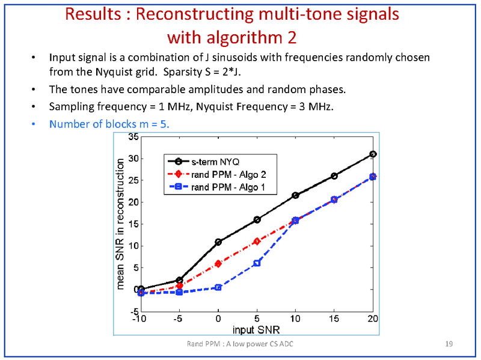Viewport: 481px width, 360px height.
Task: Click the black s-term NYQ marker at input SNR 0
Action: pyautogui.click(x=218, y=242)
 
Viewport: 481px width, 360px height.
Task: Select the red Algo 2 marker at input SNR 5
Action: pyautogui.click(x=257, y=242)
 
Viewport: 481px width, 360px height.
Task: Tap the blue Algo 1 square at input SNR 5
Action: pyautogui.click(x=257, y=263)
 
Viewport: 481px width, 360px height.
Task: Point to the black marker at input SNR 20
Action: pyautogui.click(x=373, y=154)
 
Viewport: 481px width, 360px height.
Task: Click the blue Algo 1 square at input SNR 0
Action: pyautogui.click(x=218, y=287)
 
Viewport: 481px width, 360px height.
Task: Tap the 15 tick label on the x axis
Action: pyautogui.click(x=334, y=318)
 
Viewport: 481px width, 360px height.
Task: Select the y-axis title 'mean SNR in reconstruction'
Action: pyautogui.click(x=121, y=224)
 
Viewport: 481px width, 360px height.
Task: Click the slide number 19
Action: pyautogui.click(x=449, y=344)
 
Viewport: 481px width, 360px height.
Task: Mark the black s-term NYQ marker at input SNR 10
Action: pyautogui.click(x=295, y=195)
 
